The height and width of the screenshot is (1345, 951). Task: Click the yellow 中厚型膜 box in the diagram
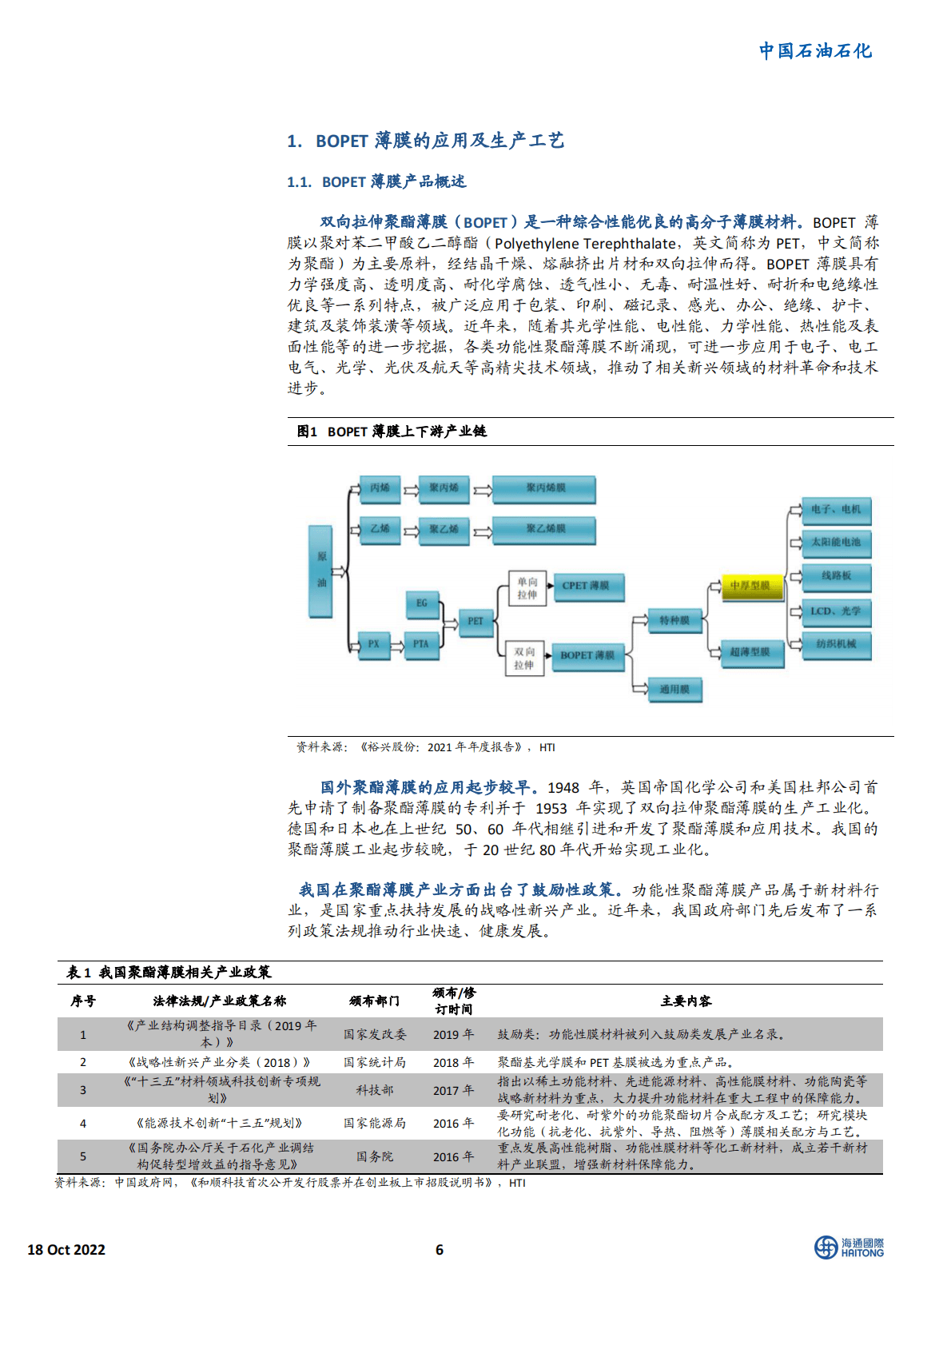[750, 586]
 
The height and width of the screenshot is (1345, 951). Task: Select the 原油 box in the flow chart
[321, 571]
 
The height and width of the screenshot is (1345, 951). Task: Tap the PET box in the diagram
[475, 621]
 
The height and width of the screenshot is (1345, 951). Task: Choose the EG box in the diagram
[422, 603]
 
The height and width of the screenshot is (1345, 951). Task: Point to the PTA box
[420, 644]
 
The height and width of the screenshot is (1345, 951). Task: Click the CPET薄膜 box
[586, 586]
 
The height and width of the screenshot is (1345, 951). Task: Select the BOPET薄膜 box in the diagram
[587, 655]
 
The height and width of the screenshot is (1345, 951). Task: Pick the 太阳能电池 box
[836, 543]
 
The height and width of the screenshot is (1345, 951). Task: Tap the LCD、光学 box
[836, 611]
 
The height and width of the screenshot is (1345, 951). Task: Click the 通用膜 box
[674, 689]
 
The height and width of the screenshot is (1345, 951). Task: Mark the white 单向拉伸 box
[527, 588]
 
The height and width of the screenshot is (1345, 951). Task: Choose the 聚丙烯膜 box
[545, 488]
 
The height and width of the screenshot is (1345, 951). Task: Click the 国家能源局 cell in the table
[375, 1123]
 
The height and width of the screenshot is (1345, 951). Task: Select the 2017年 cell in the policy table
[453, 1090]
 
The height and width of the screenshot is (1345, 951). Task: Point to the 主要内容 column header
[686, 1001]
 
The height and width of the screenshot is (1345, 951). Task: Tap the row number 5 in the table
[82, 1156]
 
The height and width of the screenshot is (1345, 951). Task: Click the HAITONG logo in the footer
[849, 1248]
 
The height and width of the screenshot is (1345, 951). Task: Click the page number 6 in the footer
[439, 1250]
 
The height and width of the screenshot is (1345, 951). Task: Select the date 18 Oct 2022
[66, 1250]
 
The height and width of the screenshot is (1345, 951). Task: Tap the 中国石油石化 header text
[815, 51]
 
